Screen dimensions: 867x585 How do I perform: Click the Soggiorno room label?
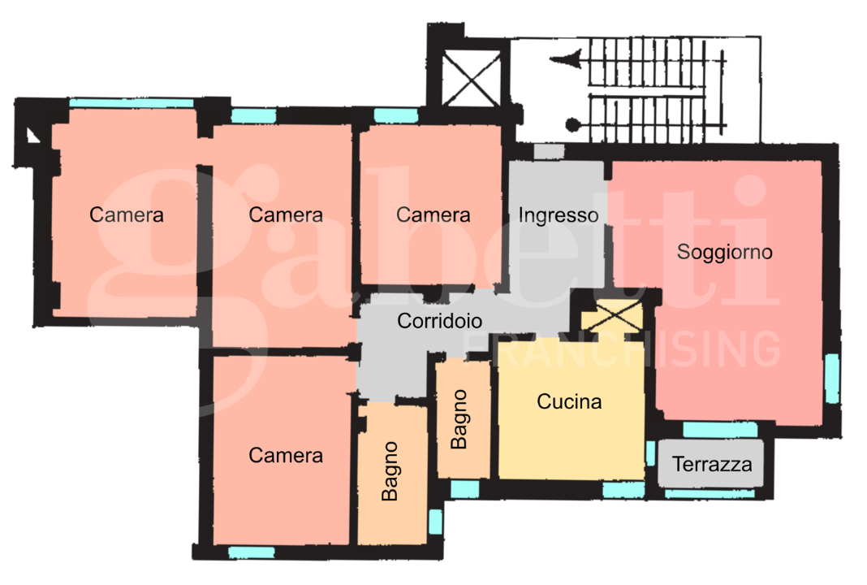pos(724,253)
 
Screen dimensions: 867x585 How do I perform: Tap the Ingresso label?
pos(558,215)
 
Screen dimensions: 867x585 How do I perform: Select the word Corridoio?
pos(439,320)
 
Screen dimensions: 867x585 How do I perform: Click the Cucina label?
pos(569,401)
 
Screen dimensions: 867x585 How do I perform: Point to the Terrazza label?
pos(712,464)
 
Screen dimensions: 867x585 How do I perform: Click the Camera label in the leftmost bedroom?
pos(127,214)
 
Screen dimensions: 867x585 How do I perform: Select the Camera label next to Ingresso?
pos(433,214)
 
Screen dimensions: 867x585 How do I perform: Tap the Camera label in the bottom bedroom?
pos(285,455)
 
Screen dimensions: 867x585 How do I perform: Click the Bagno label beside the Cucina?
pos(459,419)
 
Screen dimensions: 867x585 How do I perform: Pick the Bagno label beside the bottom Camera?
pos(390,471)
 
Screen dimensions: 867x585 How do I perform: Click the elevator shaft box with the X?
pos(471,78)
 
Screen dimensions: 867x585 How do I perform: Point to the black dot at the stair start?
pos(573,125)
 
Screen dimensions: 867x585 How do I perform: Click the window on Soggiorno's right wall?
pos(831,379)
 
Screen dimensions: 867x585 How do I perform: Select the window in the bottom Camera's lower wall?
pos(251,552)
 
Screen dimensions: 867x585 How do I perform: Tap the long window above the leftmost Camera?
pos(132,103)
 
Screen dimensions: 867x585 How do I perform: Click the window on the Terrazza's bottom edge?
pos(710,494)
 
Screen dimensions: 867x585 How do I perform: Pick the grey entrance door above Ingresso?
pos(549,151)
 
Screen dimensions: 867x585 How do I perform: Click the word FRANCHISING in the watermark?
pos(623,349)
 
